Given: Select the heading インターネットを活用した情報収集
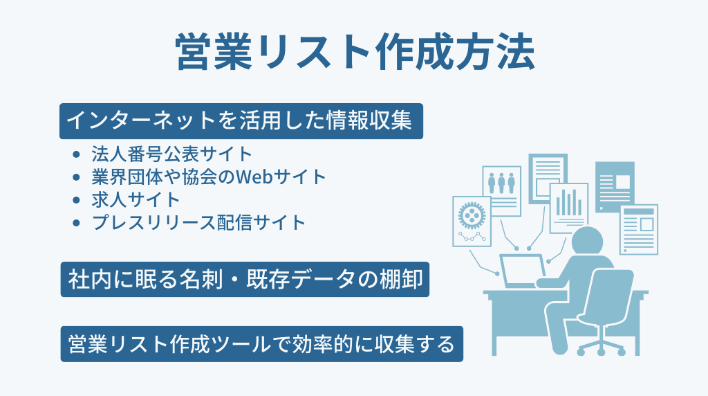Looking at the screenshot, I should coord(240,121).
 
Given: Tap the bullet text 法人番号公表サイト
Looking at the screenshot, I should coord(172,154).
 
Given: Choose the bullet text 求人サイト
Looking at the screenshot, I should coord(136,199).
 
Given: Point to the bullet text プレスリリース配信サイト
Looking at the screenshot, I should coord(198,222).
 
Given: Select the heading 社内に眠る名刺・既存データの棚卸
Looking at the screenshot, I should coord(245,280).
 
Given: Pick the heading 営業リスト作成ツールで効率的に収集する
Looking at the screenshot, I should coord(261,343).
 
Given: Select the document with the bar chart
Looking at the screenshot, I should coord(568,204).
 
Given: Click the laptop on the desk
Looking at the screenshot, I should coord(523,271).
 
